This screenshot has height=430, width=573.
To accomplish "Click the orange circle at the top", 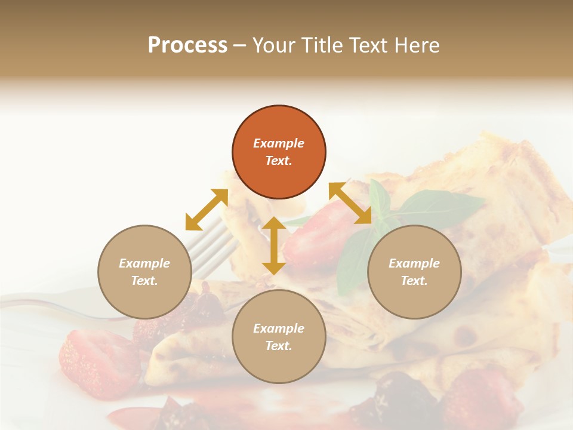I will click(x=279, y=152).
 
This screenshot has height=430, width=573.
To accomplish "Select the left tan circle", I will click(x=144, y=272).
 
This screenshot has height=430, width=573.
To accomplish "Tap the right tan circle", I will click(x=414, y=272).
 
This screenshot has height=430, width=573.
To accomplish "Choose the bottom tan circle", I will click(x=279, y=337).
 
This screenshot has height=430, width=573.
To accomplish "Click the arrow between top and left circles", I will click(x=207, y=210).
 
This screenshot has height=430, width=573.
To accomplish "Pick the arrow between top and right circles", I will click(x=350, y=203).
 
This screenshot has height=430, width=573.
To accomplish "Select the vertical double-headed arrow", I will click(x=273, y=245).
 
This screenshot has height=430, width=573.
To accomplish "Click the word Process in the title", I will click(x=187, y=45).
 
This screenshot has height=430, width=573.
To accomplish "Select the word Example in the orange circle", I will click(x=279, y=143).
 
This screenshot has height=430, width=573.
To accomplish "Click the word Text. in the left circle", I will click(x=144, y=281).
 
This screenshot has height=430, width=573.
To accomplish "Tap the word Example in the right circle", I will click(x=414, y=263).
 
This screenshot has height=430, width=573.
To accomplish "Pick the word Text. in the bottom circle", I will click(x=279, y=346).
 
